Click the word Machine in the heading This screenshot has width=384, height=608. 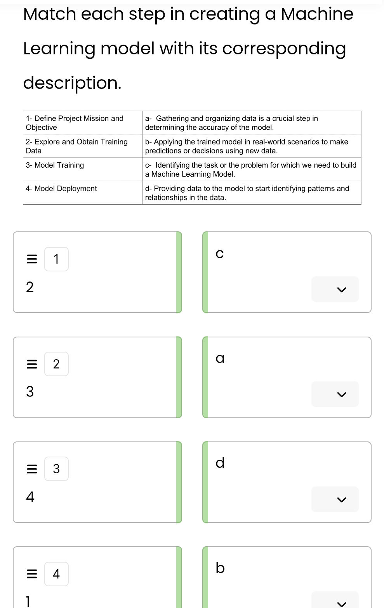pyautogui.click(x=317, y=14)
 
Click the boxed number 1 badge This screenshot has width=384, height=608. pyautogui.click(x=56, y=259)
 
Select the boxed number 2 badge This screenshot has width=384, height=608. pyautogui.click(x=56, y=364)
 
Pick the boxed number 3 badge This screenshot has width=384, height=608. pyautogui.click(x=56, y=469)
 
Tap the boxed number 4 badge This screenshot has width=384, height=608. pyautogui.click(x=56, y=574)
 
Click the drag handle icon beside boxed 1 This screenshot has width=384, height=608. pyautogui.click(x=32, y=259)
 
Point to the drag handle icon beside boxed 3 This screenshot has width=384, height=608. pyautogui.click(x=32, y=469)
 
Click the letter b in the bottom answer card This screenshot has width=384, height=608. pyautogui.click(x=220, y=568)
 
